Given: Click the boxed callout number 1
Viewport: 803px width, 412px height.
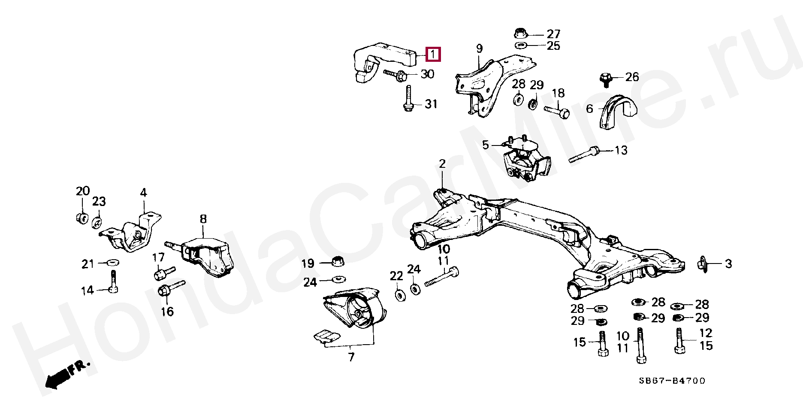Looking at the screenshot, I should coord(433,55).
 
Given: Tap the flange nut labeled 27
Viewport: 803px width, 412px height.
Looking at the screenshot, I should coord(519,33).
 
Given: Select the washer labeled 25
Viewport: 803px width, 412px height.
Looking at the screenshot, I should coord(521,45).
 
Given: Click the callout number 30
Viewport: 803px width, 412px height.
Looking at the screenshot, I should coord(427,74).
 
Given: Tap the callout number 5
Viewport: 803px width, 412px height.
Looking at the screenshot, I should coord(485,145).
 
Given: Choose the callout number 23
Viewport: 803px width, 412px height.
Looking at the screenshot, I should coord(99,201).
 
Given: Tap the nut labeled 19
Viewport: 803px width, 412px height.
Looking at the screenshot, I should coord(339,261).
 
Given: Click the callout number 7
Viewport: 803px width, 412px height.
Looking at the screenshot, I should coord(351,357).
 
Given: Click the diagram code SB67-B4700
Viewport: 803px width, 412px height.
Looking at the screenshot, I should coord(672,381).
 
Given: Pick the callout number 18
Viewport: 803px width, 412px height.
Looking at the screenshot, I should coord(558,94).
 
